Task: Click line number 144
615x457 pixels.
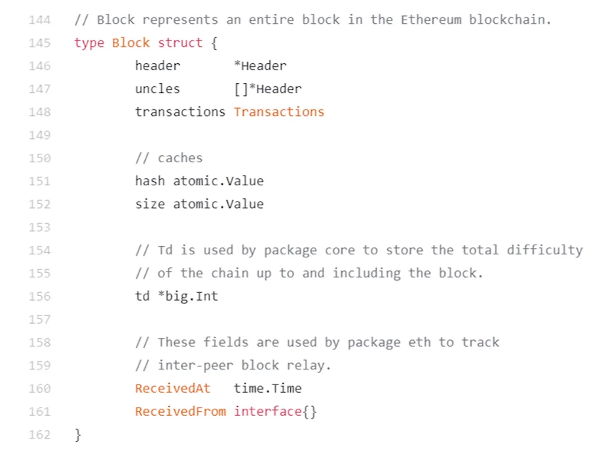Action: pos(39,20)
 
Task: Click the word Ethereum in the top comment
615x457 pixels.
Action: pos(431,20)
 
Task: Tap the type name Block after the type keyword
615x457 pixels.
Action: pos(131,43)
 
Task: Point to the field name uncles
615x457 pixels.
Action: pos(157,89)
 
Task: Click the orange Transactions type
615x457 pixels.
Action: pos(278,112)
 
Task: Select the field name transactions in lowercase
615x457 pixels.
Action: pos(180,112)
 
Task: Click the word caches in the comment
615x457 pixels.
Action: pos(180,158)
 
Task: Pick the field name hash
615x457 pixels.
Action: pos(149,181)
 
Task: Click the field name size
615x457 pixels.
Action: pos(149,204)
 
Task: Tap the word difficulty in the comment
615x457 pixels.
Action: pos(545,250)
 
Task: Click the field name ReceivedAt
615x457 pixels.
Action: pos(172,388)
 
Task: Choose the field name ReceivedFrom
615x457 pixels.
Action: pos(180,411)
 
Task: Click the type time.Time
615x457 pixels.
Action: pos(267,388)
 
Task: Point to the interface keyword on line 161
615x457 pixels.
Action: pos(268,411)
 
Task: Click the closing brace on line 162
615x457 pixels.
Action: pos(78,435)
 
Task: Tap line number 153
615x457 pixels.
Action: pos(39,228)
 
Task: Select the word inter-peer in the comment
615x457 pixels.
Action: pos(195,366)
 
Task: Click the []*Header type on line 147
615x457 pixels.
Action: pos(268,89)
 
